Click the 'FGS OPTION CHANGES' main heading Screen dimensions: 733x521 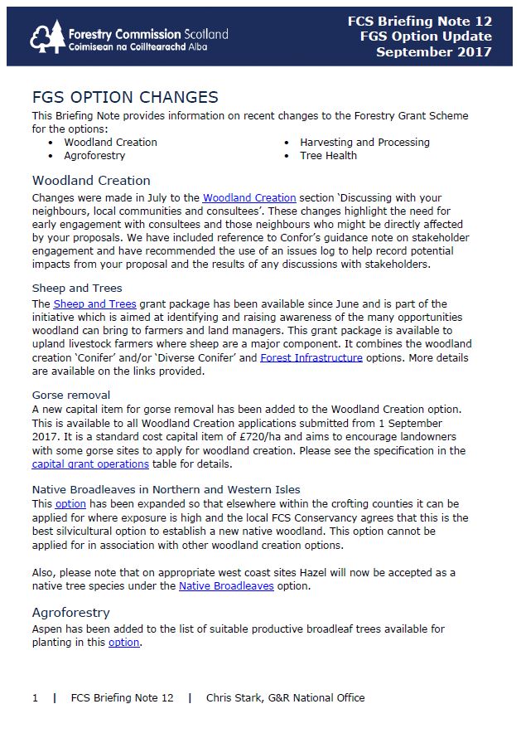coord(125,98)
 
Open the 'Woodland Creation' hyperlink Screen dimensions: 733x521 coord(249,198)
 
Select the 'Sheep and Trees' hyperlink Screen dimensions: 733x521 coord(95,304)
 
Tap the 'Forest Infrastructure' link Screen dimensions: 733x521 coord(311,357)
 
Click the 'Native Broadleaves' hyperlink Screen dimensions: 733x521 coord(226,585)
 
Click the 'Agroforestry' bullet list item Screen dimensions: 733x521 coord(94,155)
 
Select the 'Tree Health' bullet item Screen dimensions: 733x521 coord(329,155)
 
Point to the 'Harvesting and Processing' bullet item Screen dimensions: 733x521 coord(364,142)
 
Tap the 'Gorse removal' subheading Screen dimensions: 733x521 coord(71,395)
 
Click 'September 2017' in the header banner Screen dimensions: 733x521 coord(434,52)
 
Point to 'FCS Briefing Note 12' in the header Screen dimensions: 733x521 coord(420,22)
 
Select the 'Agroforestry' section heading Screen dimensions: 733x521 coord(70,613)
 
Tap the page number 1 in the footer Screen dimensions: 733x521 coord(35,697)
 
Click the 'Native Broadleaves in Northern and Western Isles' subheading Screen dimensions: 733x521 coord(166,489)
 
